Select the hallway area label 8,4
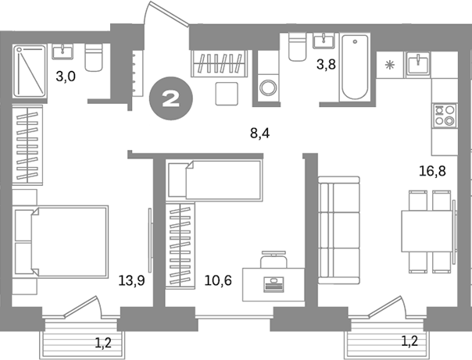(x=259, y=133)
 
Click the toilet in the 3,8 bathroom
(x=298, y=47)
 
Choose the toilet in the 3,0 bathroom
(x=94, y=57)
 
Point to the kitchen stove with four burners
(x=445, y=116)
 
